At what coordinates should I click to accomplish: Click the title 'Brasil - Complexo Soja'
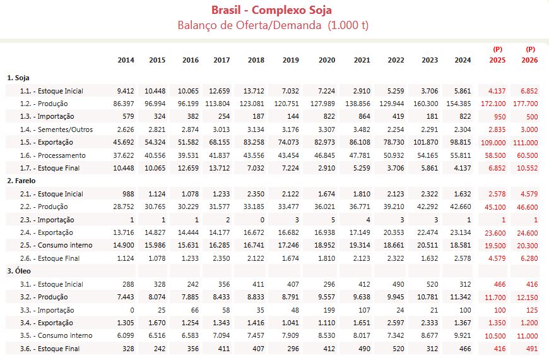pyautogui.click(x=271, y=10)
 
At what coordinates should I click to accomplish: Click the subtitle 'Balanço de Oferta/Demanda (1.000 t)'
pyautogui.click(x=273, y=25)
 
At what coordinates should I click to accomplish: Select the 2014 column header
pyautogui.click(x=126, y=61)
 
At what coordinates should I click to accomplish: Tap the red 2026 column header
pyautogui.click(x=529, y=61)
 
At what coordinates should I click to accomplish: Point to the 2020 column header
pyautogui.click(x=326, y=61)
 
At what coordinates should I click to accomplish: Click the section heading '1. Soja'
pyautogui.click(x=19, y=78)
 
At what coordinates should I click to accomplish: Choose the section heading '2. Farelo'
pyautogui.click(x=21, y=181)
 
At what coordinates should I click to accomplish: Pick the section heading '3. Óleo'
pyautogui.click(x=19, y=271)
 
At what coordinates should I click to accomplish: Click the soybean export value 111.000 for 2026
pyautogui.click(x=525, y=143)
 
